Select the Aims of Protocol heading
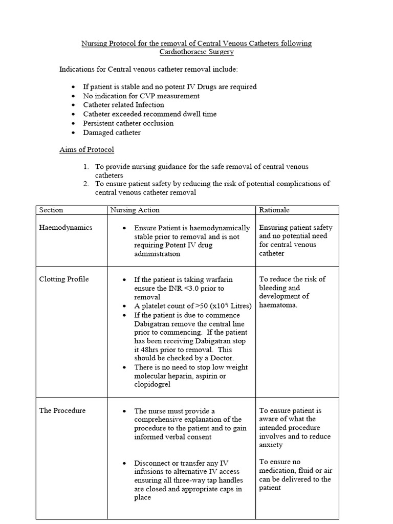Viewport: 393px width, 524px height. tap(86, 149)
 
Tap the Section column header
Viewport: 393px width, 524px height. tap(51, 210)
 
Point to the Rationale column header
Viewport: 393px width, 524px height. tap(274, 210)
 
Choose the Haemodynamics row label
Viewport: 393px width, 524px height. tap(65, 228)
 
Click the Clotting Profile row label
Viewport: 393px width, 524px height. tap(64, 279)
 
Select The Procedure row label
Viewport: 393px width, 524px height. tap(62, 410)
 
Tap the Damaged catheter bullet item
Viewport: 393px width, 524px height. tap(112, 133)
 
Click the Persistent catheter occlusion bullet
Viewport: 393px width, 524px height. tap(128, 123)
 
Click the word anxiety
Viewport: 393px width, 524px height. tap(271, 445)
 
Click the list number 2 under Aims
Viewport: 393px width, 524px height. tap(86, 184)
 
